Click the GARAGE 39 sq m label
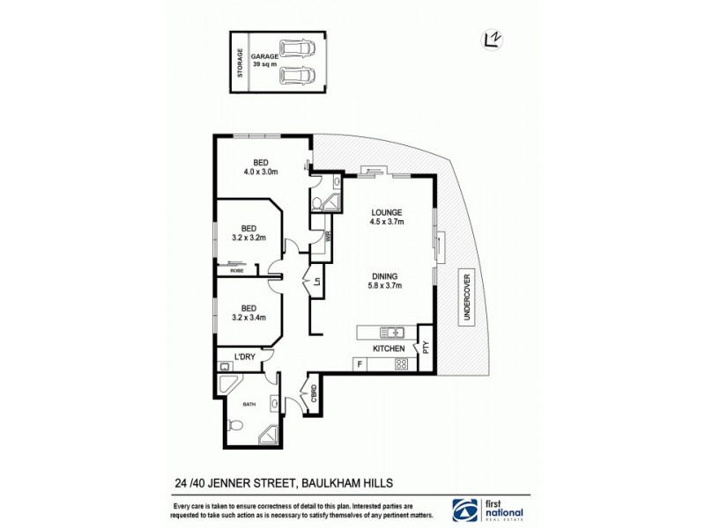coord(263,60)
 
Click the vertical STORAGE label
coord(239,62)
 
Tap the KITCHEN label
coord(389,349)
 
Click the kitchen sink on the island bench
coord(392,333)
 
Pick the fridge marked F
coord(359,363)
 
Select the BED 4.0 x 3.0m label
coord(261,166)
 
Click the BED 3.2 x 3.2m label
coord(249,231)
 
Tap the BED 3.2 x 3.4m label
coord(249,312)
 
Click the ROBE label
coord(236,271)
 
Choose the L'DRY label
coord(244,356)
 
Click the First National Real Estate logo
coord(488,510)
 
